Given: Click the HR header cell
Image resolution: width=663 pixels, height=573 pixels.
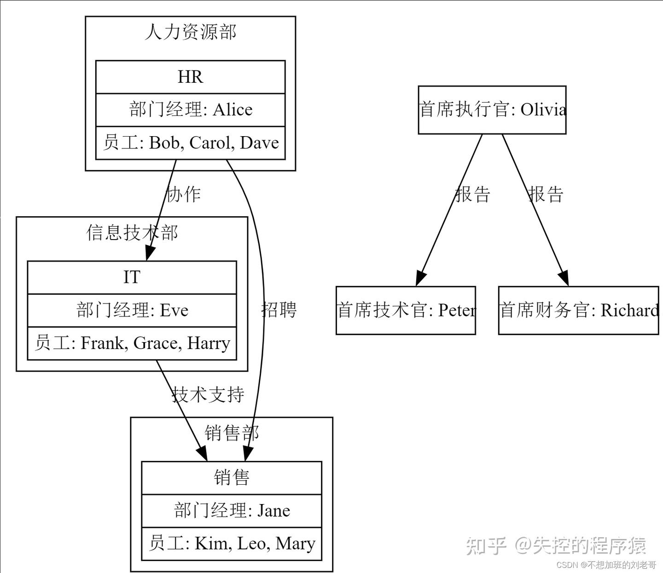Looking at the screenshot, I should (190, 77).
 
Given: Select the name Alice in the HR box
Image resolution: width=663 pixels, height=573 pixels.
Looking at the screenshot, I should (233, 110).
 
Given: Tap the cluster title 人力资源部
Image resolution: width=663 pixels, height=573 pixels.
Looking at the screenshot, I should (190, 32).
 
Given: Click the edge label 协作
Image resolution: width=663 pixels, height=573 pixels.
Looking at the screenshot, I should (183, 194).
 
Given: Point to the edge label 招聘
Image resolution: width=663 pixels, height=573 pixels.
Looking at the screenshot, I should (279, 309).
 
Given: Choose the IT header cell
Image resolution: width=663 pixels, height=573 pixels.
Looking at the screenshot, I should (132, 277).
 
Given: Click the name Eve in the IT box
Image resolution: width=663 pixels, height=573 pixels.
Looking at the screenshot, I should (174, 310).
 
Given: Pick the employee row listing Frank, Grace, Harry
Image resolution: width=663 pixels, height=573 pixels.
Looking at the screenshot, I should (132, 343).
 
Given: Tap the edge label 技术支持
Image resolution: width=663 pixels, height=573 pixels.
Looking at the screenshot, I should (208, 395).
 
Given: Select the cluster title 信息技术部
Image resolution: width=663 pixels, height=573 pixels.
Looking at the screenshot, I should (132, 233).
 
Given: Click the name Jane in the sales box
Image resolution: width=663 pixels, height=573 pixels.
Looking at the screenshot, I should (273, 510).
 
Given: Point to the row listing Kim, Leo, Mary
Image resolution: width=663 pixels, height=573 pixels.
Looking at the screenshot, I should (232, 544).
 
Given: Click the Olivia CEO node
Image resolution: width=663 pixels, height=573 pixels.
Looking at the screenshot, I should (492, 110).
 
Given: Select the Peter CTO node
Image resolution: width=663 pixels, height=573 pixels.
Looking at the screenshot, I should (406, 310).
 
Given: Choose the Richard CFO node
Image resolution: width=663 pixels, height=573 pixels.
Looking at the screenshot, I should (578, 310).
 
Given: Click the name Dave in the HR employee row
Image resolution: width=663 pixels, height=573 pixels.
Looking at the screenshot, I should (259, 143).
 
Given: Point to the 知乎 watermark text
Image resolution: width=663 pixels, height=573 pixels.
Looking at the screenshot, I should (486, 546).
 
